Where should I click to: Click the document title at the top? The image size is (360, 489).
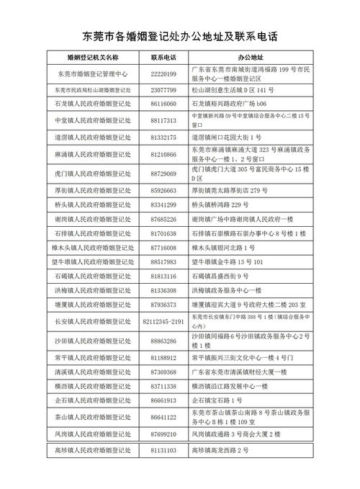tap(180, 36)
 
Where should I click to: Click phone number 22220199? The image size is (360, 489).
tap(163, 73)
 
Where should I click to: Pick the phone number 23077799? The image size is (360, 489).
tap(163, 90)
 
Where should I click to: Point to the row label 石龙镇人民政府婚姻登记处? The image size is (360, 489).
tap(92, 104)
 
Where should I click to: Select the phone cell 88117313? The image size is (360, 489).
tap(163, 120)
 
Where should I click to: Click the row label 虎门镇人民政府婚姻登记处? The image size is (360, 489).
tap(92, 174)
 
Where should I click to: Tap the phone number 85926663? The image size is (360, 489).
tap(163, 191)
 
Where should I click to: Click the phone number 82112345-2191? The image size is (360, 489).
tap(163, 320)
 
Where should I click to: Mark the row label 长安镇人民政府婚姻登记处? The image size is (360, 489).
tap(92, 320)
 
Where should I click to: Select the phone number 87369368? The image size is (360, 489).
tap(163, 372)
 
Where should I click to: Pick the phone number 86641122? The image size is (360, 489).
tap(163, 417)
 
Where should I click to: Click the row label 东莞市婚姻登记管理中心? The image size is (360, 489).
tap(92, 73)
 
